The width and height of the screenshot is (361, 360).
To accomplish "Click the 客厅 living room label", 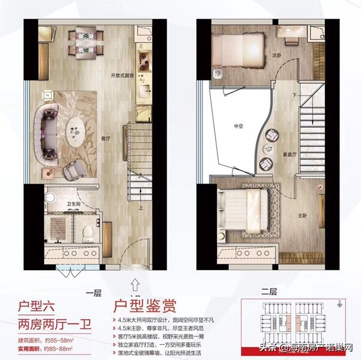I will click(106, 138).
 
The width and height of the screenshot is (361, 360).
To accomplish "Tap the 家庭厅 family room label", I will click(291, 154).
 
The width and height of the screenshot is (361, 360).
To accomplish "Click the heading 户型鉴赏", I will click(145, 308).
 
